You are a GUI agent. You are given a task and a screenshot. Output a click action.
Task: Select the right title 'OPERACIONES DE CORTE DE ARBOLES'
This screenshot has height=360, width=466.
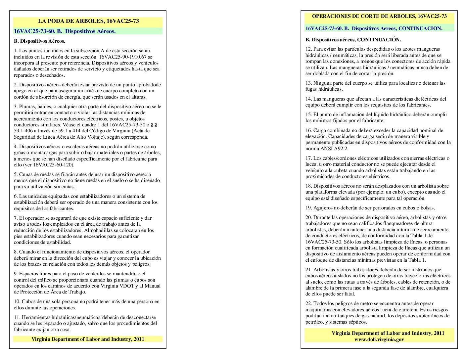click(363, 16)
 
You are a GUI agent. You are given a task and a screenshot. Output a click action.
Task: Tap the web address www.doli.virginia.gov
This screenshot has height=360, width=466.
click(379, 339)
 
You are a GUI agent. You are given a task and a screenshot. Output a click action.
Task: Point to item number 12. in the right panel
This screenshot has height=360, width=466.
click(308, 49)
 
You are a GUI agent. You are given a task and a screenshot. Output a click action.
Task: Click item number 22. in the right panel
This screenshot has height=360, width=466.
click(308, 304)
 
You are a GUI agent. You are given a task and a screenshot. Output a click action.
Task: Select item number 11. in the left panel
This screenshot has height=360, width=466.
click(17, 318)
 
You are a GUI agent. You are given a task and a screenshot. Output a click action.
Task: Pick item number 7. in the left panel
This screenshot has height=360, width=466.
click(16, 218)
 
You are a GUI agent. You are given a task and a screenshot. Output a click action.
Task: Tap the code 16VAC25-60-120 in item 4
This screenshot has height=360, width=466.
click(53, 165)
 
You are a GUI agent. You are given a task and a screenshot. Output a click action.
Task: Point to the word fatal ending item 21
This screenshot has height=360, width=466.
click(349, 294)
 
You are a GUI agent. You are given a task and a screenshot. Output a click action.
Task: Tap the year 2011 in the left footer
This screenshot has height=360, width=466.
click(139, 339)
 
